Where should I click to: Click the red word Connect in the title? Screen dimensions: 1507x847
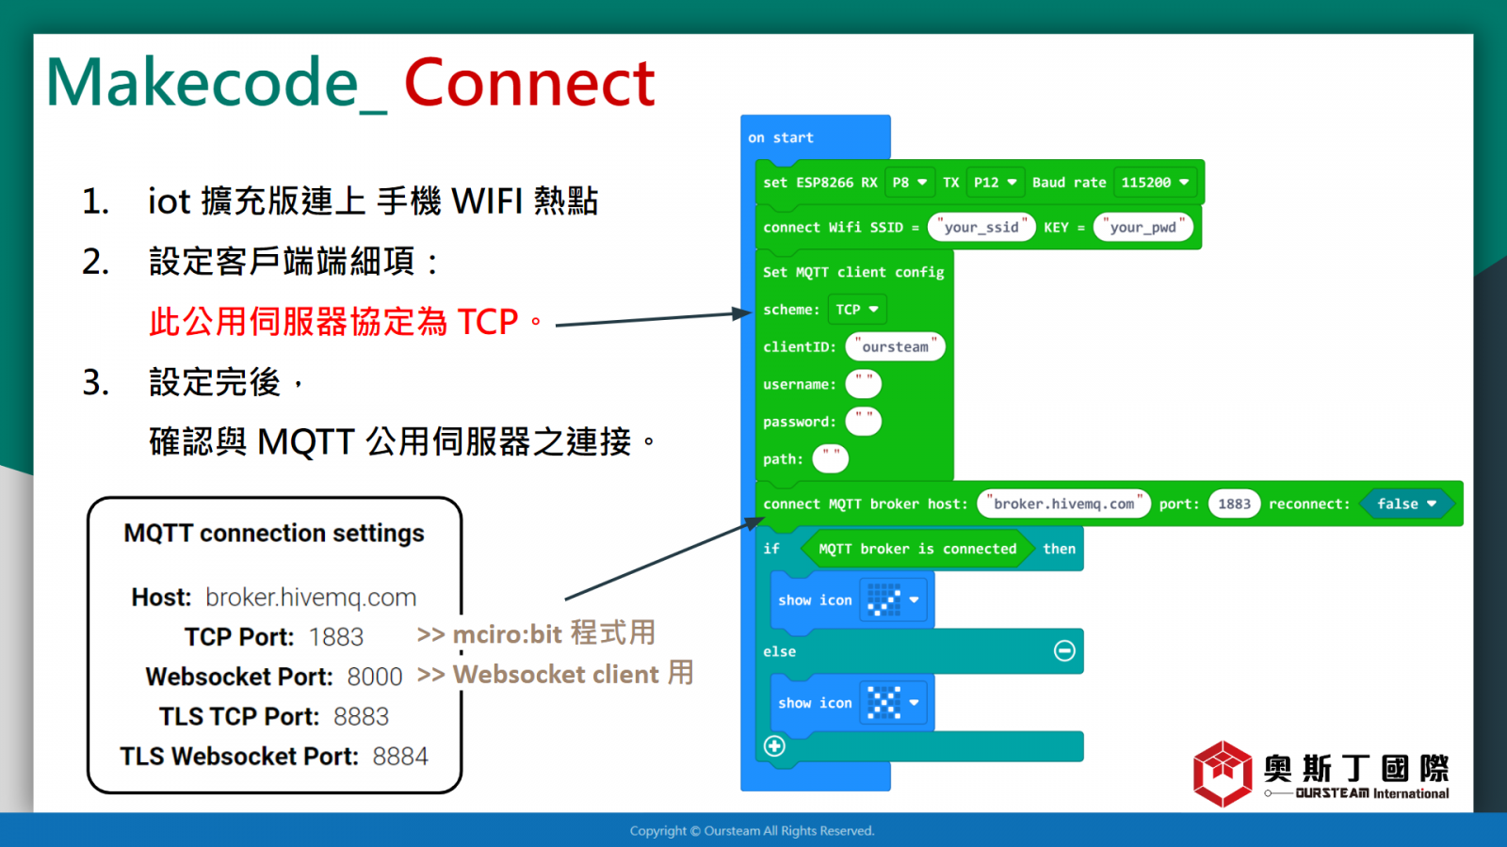pyautogui.click(x=529, y=84)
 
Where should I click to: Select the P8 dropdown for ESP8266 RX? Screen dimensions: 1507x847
pyautogui.click(x=910, y=183)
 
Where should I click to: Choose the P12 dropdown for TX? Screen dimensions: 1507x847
pyautogui.click(x=995, y=183)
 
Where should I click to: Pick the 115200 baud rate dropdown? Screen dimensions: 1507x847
pyautogui.click(x=1155, y=183)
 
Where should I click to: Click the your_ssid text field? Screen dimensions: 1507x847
pyautogui.click(x=980, y=227)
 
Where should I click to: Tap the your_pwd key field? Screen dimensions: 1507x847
pyautogui.click(x=1143, y=227)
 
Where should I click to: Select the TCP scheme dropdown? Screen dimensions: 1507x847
pyautogui.click(x=856, y=310)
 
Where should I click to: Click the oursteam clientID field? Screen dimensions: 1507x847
pyautogui.click(x=895, y=347)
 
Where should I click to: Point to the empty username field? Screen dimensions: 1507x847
pyautogui.click(x=863, y=384)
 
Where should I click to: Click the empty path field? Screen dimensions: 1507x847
pyautogui.click(x=830, y=459)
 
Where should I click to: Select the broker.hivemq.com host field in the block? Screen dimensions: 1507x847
pyautogui.click(x=1063, y=503)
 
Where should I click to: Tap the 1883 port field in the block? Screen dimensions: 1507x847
pyautogui.click(x=1234, y=503)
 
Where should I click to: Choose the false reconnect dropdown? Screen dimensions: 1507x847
pyautogui.click(x=1406, y=503)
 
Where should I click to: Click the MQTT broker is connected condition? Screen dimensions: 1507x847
pyautogui.click(x=917, y=549)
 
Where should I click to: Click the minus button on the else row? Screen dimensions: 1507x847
pyautogui.click(x=1064, y=650)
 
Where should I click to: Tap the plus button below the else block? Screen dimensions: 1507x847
pyautogui.click(x=774, y=746)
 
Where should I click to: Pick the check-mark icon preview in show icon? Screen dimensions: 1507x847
pyautogui.click(x=883, y=599)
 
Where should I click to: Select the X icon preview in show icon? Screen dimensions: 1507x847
pyautogui.click(x=883, y=702)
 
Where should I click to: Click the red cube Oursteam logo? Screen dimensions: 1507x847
pyautogui.click(x=1223, y=773)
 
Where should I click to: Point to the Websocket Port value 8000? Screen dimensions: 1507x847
pyautogui.click(x=375, y=677)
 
